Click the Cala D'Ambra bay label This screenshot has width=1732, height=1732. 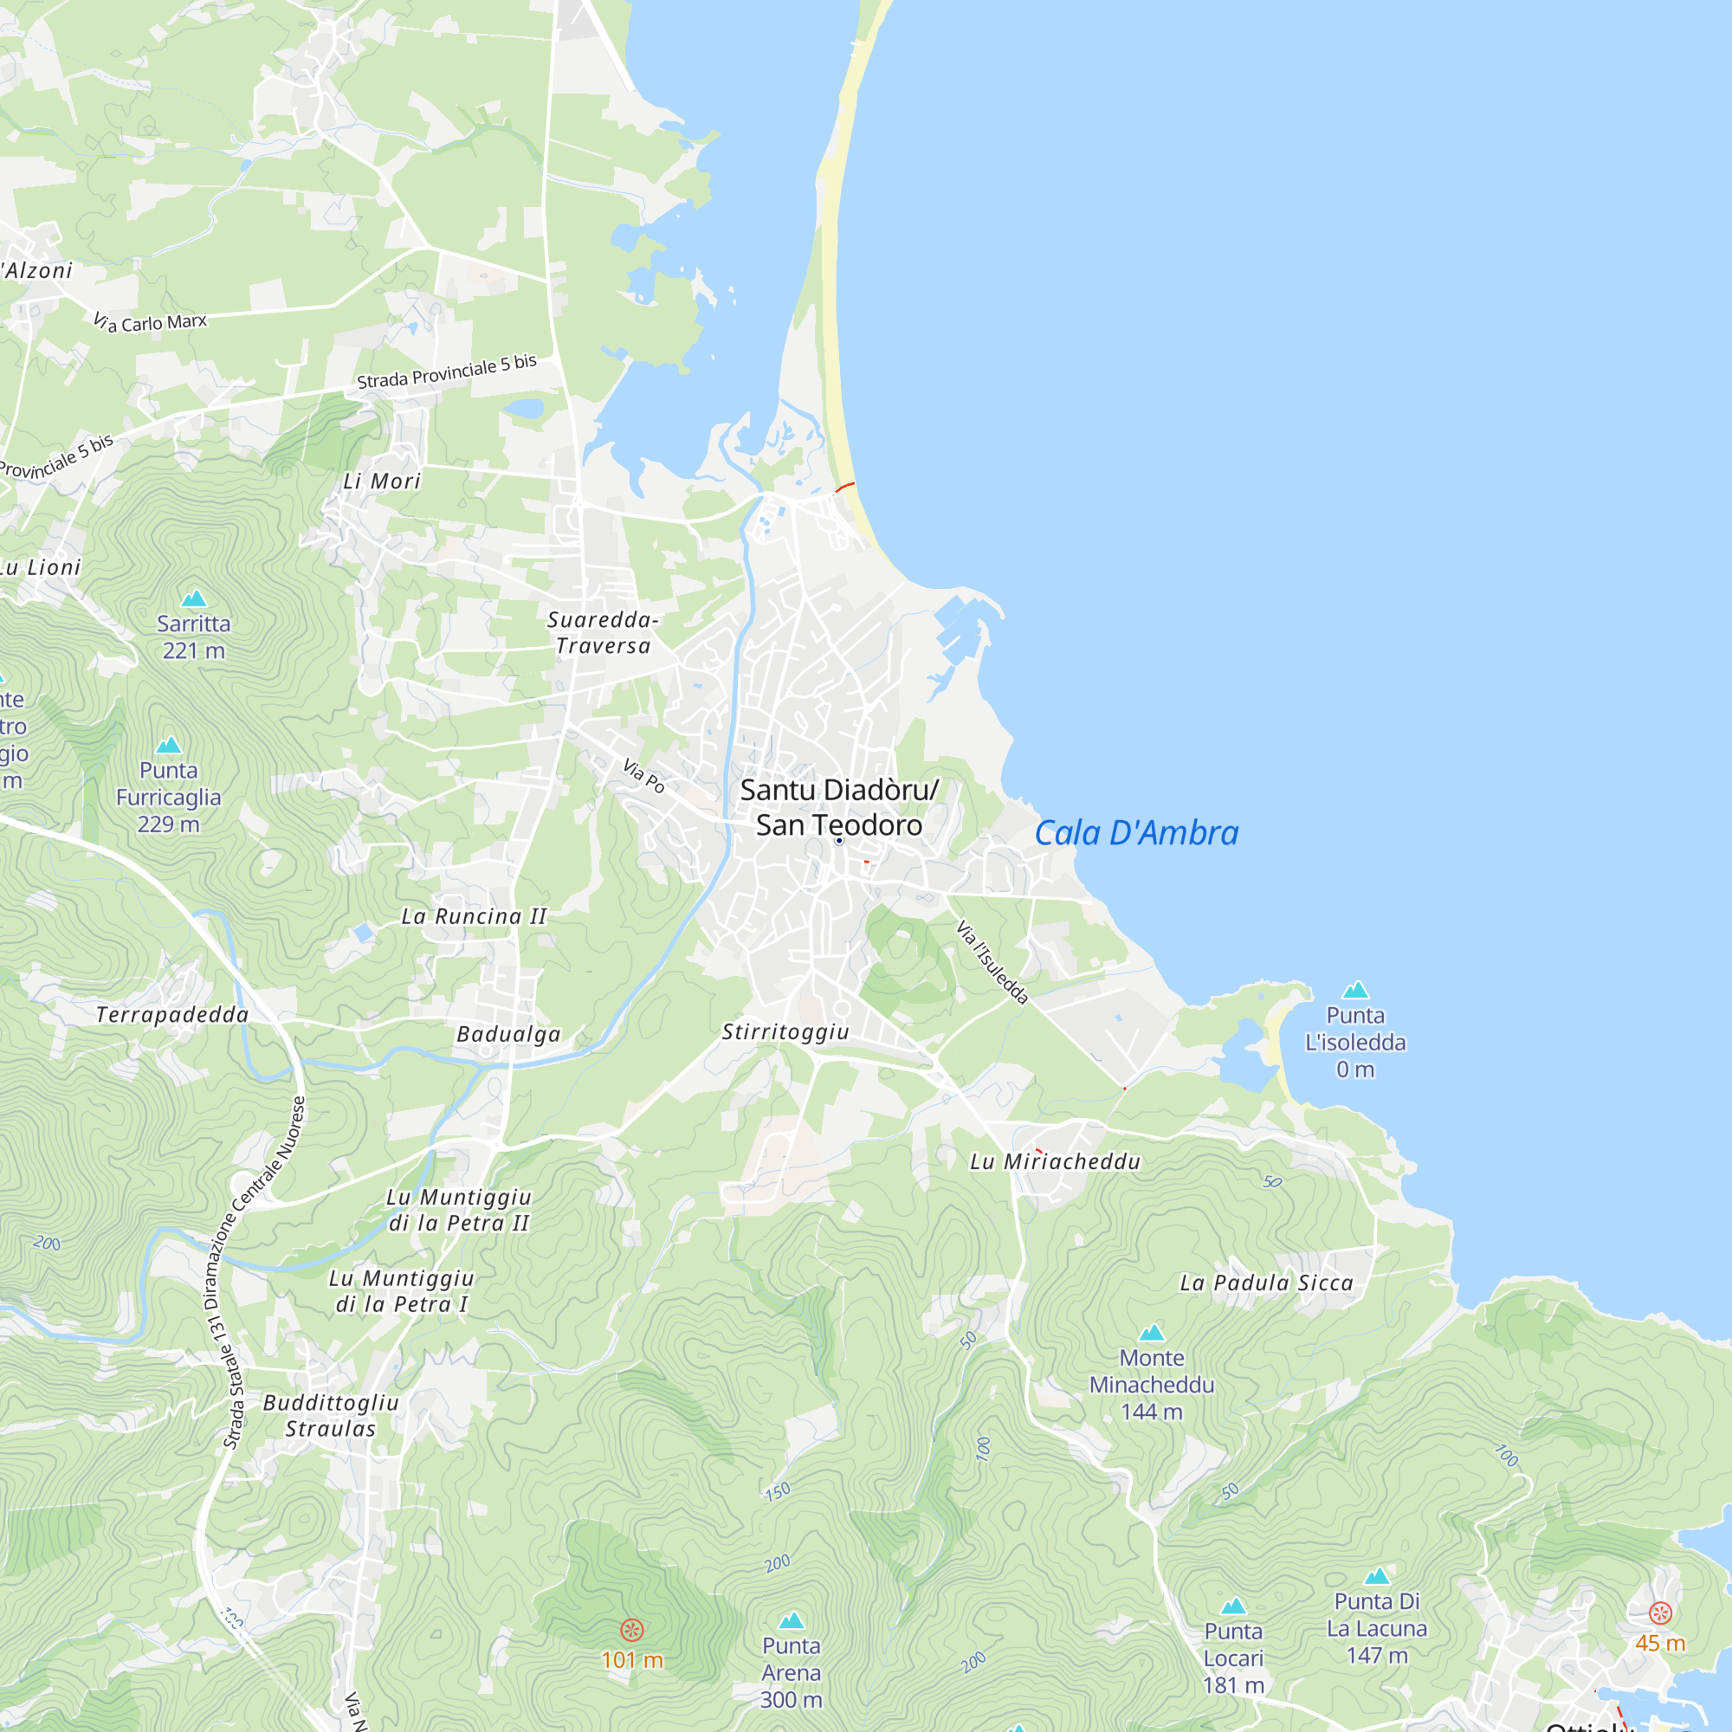click(1136, 834)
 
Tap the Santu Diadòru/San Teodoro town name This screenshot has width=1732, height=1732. click(839, 808)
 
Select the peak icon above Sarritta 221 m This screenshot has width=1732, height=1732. click(194, 598)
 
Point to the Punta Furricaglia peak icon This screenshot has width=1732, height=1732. click(169, 744)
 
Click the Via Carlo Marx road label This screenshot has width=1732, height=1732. click(151, 322)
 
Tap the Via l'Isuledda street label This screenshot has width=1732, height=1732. click(992, 962)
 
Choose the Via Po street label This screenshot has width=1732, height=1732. click(643, 776)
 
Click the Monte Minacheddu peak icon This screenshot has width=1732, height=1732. click(1151, 1333)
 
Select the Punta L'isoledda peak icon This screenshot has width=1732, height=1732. click(1355, 990)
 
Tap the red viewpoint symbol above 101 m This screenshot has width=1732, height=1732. click(632, 1629)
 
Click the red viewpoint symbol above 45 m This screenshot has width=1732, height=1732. click(1660, 1612)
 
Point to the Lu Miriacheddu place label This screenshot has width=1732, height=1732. click(1055, 1162)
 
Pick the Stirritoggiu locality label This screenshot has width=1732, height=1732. click(785, 1032)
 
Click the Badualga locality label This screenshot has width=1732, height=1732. click(508, 1035)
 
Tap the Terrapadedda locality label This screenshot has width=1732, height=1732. click(172, 1015)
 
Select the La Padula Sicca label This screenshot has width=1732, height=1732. click(1266, 1283)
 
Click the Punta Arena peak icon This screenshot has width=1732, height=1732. click(791, 1620)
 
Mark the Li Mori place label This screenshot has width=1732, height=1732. click(382, 481)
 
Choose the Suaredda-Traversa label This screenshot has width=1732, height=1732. click(603, 633)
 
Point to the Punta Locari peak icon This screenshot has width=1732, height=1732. click(1233, 1606)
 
